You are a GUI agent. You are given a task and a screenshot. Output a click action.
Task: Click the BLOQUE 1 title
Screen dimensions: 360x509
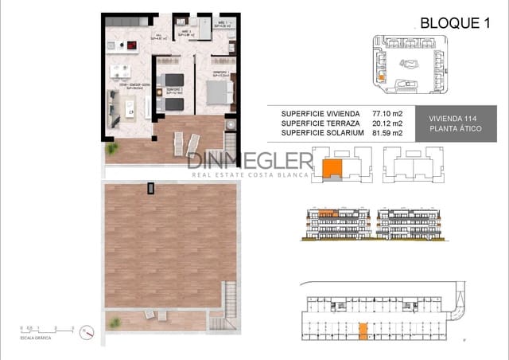coord(453,24)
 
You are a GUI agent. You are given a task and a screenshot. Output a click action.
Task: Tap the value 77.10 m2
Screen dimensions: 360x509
coord(386,113)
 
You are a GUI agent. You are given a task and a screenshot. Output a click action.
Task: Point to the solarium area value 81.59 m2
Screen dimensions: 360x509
coord(386,133)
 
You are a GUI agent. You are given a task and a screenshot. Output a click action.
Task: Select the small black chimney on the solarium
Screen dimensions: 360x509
coord(150,188)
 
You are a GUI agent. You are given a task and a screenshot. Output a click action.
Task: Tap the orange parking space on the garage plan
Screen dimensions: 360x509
coord(363,328)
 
